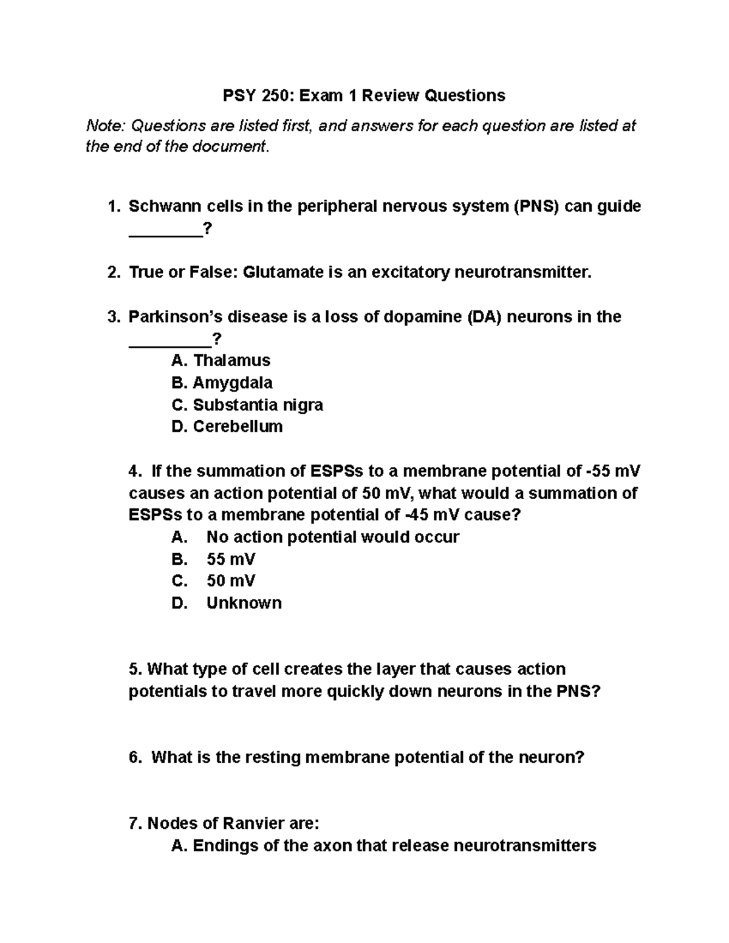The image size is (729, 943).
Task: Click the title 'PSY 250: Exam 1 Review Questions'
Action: [x=364, y=95]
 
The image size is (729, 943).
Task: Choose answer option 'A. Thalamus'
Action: [x=221, y=361]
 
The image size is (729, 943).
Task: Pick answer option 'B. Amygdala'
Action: [x=222, y=383]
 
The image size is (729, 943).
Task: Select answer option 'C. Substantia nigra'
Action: [x=247, y=404]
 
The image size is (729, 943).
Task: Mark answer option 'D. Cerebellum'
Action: [x=227, y=426]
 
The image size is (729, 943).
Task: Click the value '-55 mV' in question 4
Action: [x=611, y=471]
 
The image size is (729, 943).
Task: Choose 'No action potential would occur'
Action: [x=332, y=537]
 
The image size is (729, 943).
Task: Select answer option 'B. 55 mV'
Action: [x=214, y=559]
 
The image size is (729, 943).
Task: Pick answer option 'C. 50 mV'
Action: [x=214, y=580]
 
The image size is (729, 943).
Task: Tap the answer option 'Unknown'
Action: [x=244, y=603]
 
